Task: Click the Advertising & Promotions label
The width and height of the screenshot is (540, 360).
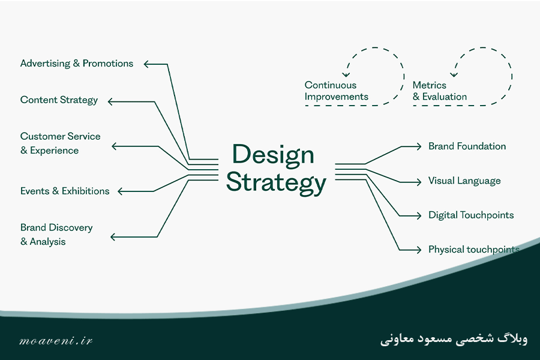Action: pyautogui.click(x=77, y=64)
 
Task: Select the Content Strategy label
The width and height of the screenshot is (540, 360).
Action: pyautogui.click(x=59, y=100)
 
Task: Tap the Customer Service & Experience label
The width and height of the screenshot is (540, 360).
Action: pyautogui.click(x=60, y=143)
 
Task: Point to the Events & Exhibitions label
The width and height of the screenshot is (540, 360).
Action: pyautogui.click(x=65, y=191)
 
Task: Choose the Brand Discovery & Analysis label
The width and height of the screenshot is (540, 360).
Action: pyautogui.click(x=56, y=235)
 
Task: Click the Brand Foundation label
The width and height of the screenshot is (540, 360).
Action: pyautogui.click(x=467, y=146)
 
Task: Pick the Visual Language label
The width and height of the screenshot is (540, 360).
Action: pyautogui.click(x=464, y=181)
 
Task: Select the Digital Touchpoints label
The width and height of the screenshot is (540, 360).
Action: pyautogui.click(x=471, y=215)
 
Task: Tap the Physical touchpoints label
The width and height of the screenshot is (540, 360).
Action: pyautogui.click(x=474, y=250)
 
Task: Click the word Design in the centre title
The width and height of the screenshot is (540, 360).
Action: pyautogui.click(x=273, y=155)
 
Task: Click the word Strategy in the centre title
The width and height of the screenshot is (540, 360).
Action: pyautogui.click(x=276, y=182)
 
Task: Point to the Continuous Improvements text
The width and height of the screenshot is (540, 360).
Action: pyautogui.click(x=336, y=91)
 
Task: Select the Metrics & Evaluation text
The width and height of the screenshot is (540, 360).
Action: pyautogui.click(x=439, y=91)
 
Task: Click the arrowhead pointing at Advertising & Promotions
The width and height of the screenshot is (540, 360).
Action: pyautogui.click(x=146, y=64)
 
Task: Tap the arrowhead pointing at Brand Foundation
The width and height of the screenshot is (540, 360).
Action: pyautogui.click(x=418, y=146)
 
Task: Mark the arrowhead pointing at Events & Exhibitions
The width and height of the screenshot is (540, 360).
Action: pyautogui.click(x=121, y=191)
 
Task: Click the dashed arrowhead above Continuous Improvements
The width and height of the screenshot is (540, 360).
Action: pyautogui.click(x=346, y=74)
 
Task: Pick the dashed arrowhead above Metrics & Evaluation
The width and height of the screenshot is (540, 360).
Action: pyautogui.click(x=454, y=74)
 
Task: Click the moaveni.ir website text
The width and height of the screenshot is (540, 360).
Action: pyautogui.click(x=56, y=341)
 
